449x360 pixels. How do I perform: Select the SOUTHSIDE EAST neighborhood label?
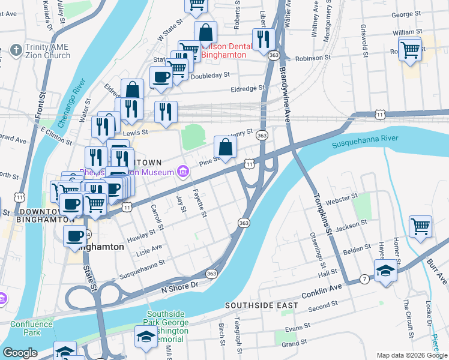pos(261,305)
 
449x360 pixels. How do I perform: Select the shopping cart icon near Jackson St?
pos(420,227)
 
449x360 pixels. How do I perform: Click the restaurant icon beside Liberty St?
pos(263,39)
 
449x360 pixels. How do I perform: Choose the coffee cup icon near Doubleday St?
pos(160,77)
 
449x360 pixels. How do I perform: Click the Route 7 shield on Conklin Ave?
pos(365,280)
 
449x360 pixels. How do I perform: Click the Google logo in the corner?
pos(20,353)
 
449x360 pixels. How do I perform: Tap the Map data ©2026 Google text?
pos(411,355)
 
